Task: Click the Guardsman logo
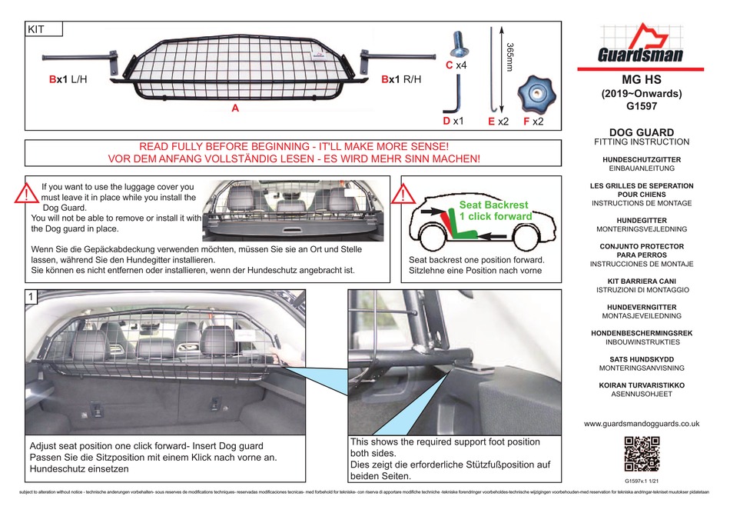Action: [x=641, y=48]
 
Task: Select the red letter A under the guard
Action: [x=235, y=110]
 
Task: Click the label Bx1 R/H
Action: [x=402, y=79]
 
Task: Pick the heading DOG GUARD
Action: [x=642, y=132]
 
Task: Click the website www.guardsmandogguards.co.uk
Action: [x=642, y=423]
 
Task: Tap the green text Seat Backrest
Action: [x=493, y=205]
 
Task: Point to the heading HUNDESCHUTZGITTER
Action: [x=642, y=159]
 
